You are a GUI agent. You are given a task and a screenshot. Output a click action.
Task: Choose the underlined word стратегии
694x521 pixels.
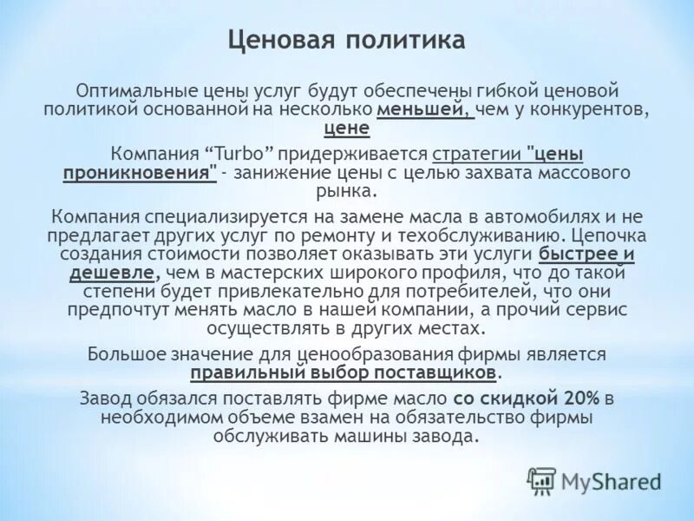pos(477,154)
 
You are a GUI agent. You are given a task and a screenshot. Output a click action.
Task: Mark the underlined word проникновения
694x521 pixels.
pos(139,172)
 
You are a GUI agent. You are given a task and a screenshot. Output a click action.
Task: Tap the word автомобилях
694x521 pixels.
pos(511,216)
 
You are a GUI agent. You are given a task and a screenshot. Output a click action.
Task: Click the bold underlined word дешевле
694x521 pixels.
pos(113,273)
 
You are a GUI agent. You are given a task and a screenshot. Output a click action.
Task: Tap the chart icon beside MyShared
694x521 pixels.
pos(541,480)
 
